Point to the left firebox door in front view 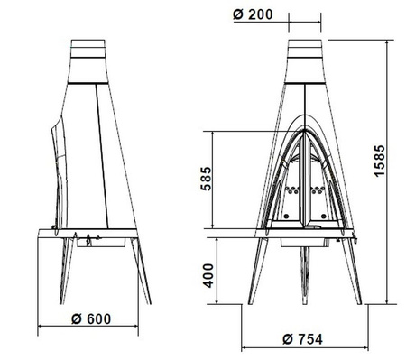[x=289, y=180]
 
